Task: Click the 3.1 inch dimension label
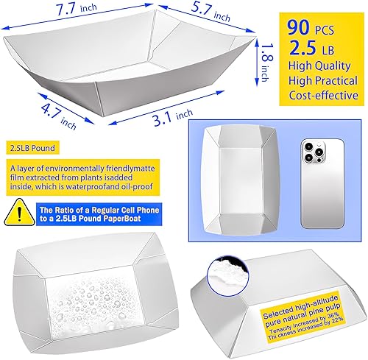click(169, 113)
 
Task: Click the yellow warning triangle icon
click(13, 213)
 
